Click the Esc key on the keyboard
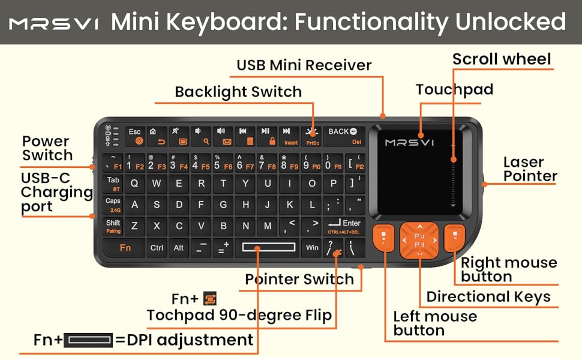(135, 136)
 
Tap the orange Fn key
(125, 247)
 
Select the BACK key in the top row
(343, 136)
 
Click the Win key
(312, 247)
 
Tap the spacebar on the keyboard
(269, 247)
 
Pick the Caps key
(113, 205)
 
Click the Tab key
(113, 184)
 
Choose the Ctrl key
(157, 247)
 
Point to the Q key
(134, 184)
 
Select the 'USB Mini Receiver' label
(304, 65)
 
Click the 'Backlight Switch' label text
(238, 92)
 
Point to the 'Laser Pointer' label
(530, 169)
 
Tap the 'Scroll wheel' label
(501, 59)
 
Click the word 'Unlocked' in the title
(511, 22)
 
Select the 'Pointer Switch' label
(299, 279)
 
